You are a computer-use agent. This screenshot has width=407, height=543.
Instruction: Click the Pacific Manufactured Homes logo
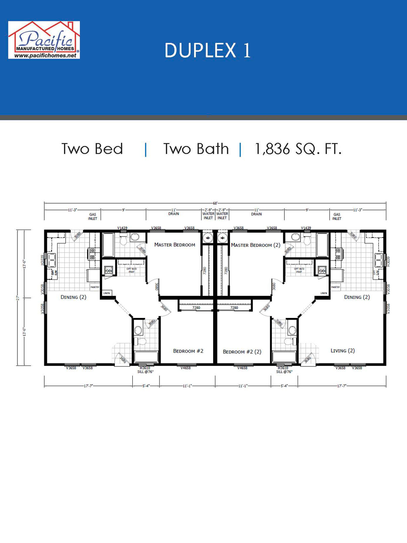(x=44, y=40)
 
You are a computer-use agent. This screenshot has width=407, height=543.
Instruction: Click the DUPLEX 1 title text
(x=207, y=51)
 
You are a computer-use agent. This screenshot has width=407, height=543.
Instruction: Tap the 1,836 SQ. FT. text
(x=298, y=149)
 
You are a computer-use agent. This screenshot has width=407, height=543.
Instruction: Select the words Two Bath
(x=196, y=149)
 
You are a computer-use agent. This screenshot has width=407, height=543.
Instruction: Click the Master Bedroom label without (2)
(x=174, y=245)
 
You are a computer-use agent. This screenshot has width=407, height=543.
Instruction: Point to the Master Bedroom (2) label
(x=255, y=245)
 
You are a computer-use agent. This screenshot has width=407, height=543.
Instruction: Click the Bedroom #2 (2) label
(x=242, y=352)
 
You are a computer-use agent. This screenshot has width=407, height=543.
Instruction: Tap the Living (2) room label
(x=342, y=351)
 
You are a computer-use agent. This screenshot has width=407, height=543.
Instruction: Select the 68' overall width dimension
(x=215, y=203)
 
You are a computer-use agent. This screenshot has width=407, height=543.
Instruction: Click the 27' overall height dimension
(x=18, y=297)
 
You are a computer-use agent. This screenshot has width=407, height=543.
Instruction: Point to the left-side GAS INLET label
(x=93, y=216)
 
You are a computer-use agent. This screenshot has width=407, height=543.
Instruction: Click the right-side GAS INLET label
(x=337, y=216)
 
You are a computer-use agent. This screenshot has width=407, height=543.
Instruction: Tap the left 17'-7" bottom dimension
(x=88, y=386)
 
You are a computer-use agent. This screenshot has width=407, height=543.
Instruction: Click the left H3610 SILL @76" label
(x=145, y=370)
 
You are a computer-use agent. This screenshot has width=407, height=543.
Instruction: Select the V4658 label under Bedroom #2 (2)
(x=242, y=368)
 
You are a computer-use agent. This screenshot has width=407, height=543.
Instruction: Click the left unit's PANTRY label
(x=95, y=287)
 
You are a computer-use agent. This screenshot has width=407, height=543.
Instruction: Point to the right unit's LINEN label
(x=324, y=293)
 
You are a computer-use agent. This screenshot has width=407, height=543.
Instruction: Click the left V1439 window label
(x=122, y=228)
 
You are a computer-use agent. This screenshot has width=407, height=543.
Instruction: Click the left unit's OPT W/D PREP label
(x=131, y=270)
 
